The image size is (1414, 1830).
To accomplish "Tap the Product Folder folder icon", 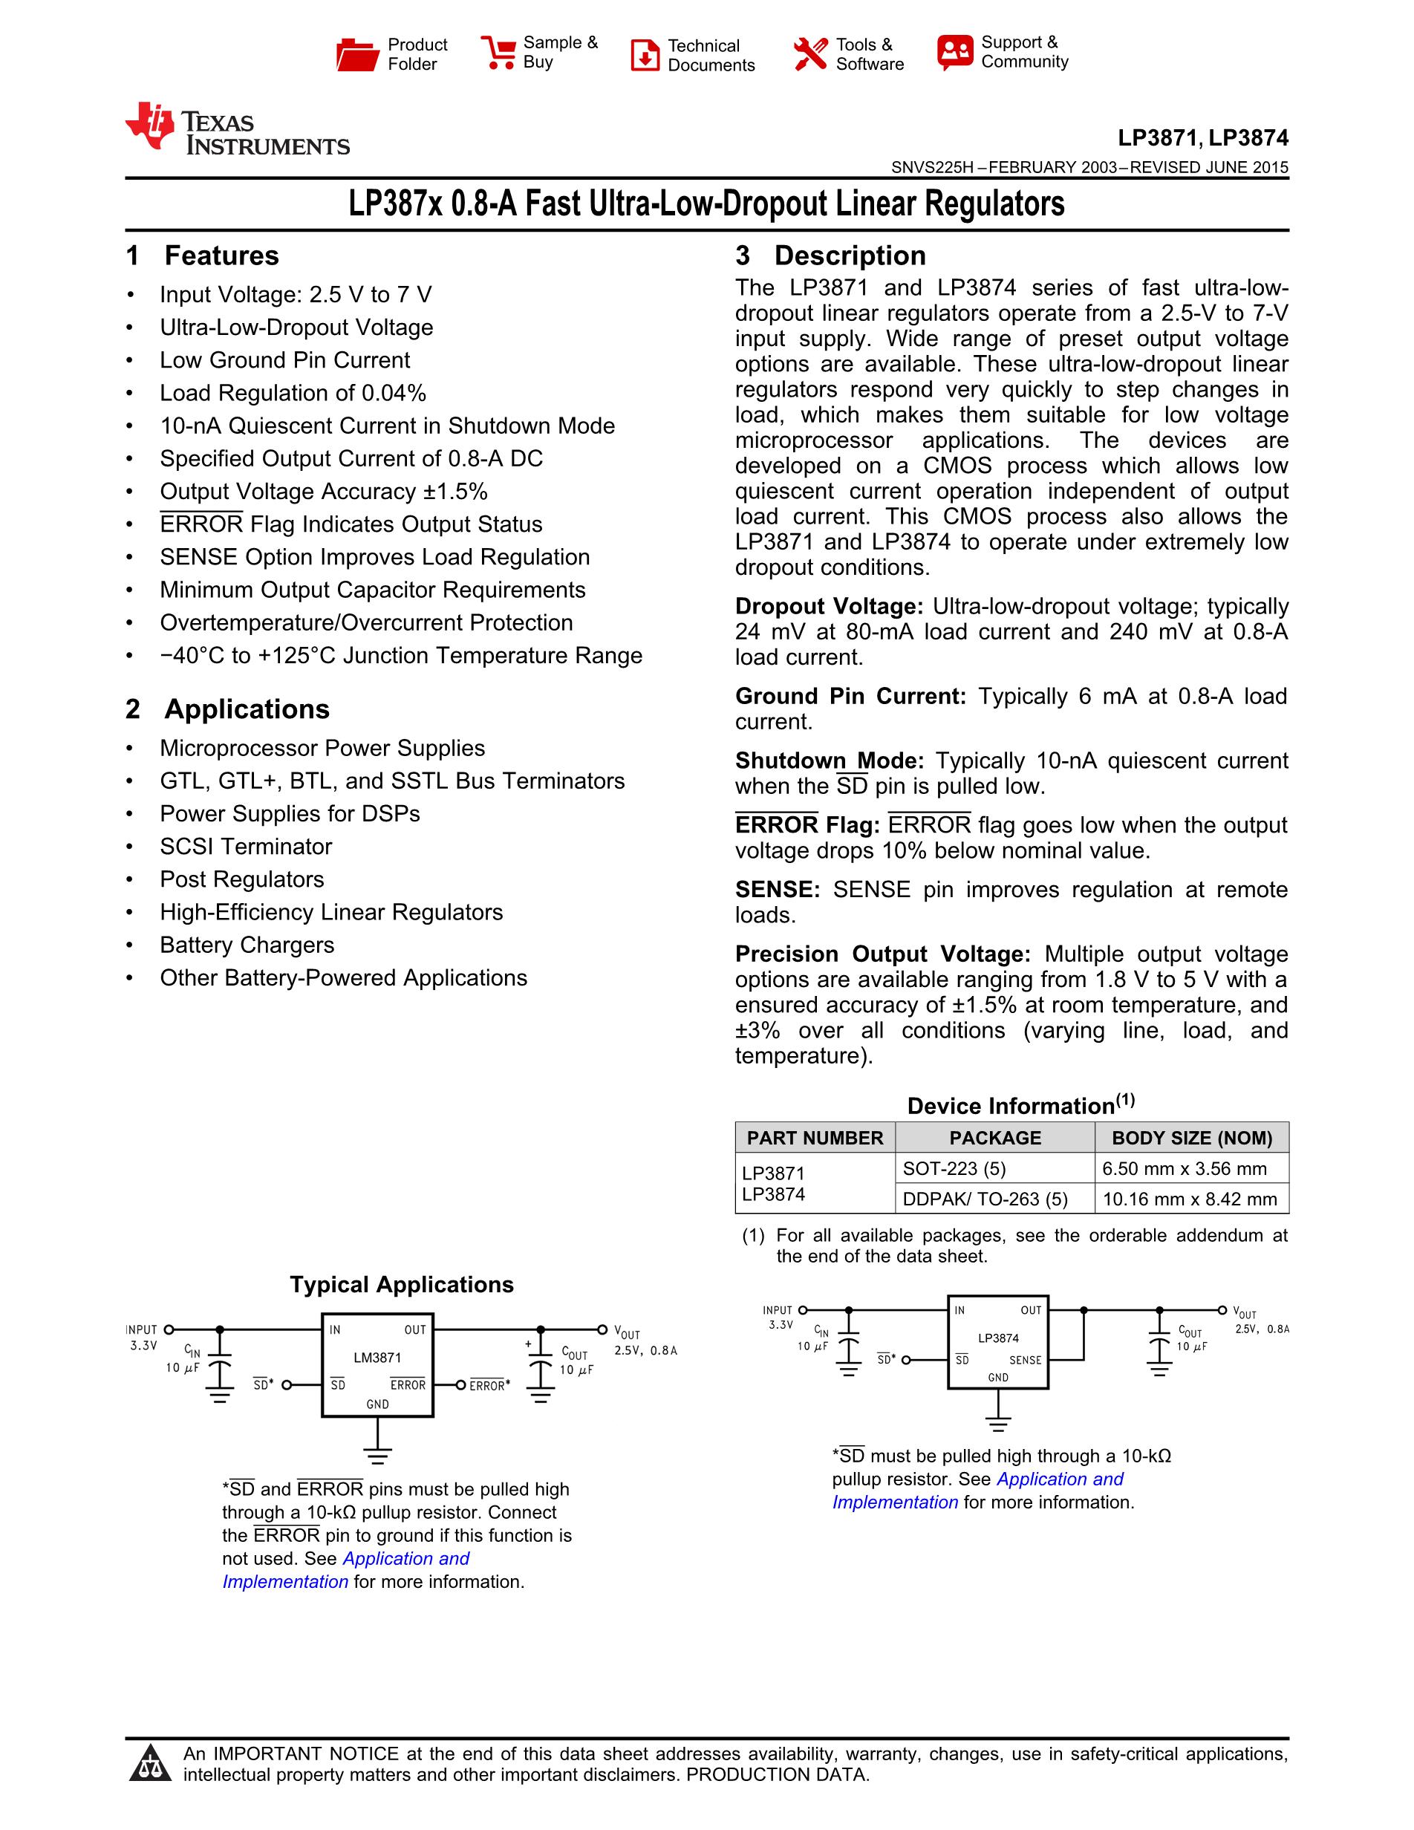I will coord(357,54).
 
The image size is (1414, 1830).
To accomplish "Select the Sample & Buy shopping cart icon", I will coord(498,53).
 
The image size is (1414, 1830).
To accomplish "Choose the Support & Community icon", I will coord(955,53).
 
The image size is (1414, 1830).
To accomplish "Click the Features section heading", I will coord(221,255).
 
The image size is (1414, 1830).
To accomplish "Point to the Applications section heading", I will coord(247,709).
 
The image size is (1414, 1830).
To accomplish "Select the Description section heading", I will coord(850,255).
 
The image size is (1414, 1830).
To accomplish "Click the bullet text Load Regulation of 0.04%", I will coord(293,393).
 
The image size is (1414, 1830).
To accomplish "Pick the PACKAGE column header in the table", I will coord(994,1138).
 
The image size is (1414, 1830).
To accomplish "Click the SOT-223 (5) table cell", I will coord(954,1169).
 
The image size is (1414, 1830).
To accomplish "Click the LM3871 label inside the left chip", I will coord(377,1358).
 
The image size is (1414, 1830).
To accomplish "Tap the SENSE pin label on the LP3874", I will coord(1026,1360).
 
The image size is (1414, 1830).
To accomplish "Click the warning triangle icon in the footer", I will coord(151,1764).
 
